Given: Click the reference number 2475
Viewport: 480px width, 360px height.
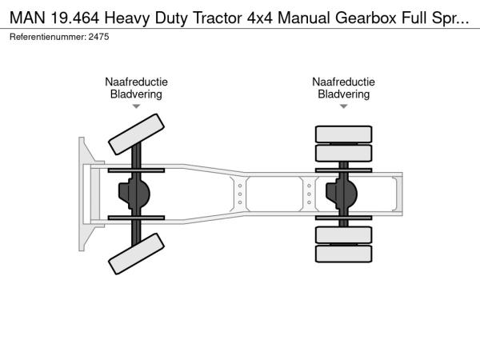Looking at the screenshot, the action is click(98, 37).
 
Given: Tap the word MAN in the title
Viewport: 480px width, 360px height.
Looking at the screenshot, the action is click(27, 18).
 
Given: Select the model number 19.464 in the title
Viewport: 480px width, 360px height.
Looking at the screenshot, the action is click(75, 18).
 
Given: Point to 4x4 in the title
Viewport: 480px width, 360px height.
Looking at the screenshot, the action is click(259, 18).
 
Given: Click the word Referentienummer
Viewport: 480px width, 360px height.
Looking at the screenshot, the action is click(48, 37).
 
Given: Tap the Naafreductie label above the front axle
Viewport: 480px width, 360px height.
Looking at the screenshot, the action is click(136, 82).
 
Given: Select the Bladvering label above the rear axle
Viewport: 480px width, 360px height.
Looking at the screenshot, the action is click(343, 94).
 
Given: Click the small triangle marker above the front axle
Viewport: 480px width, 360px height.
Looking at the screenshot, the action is click(136, 106).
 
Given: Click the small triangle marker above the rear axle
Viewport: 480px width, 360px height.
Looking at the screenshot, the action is click(343, 106).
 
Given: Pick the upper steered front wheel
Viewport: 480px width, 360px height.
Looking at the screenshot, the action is click(136, 134).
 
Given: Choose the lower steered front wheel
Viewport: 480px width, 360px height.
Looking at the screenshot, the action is click(136, 254).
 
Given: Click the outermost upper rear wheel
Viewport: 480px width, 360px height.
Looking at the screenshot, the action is click(343, 134).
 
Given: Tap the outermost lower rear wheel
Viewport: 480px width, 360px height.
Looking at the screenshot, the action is click(343, 254).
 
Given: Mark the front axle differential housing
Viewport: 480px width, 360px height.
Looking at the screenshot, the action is click(134, 194).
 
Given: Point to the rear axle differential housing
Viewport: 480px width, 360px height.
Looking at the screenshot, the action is click(342, 194).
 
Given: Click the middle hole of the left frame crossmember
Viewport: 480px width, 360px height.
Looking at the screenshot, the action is click(240, 194).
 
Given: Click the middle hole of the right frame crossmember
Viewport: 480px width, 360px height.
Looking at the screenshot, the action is click(309, 194).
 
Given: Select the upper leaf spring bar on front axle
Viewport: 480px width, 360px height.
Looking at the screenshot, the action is click(136, 170).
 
